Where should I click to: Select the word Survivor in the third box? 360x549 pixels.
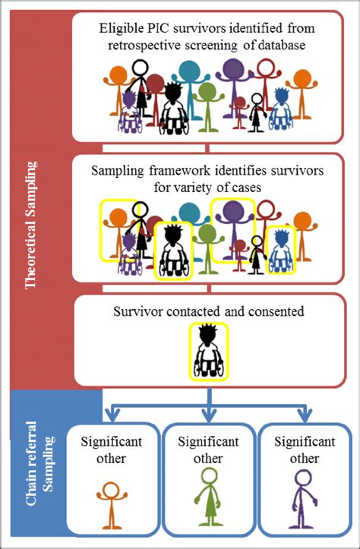pos(137,311)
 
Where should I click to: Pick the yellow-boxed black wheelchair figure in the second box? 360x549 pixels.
pos(174,251)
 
